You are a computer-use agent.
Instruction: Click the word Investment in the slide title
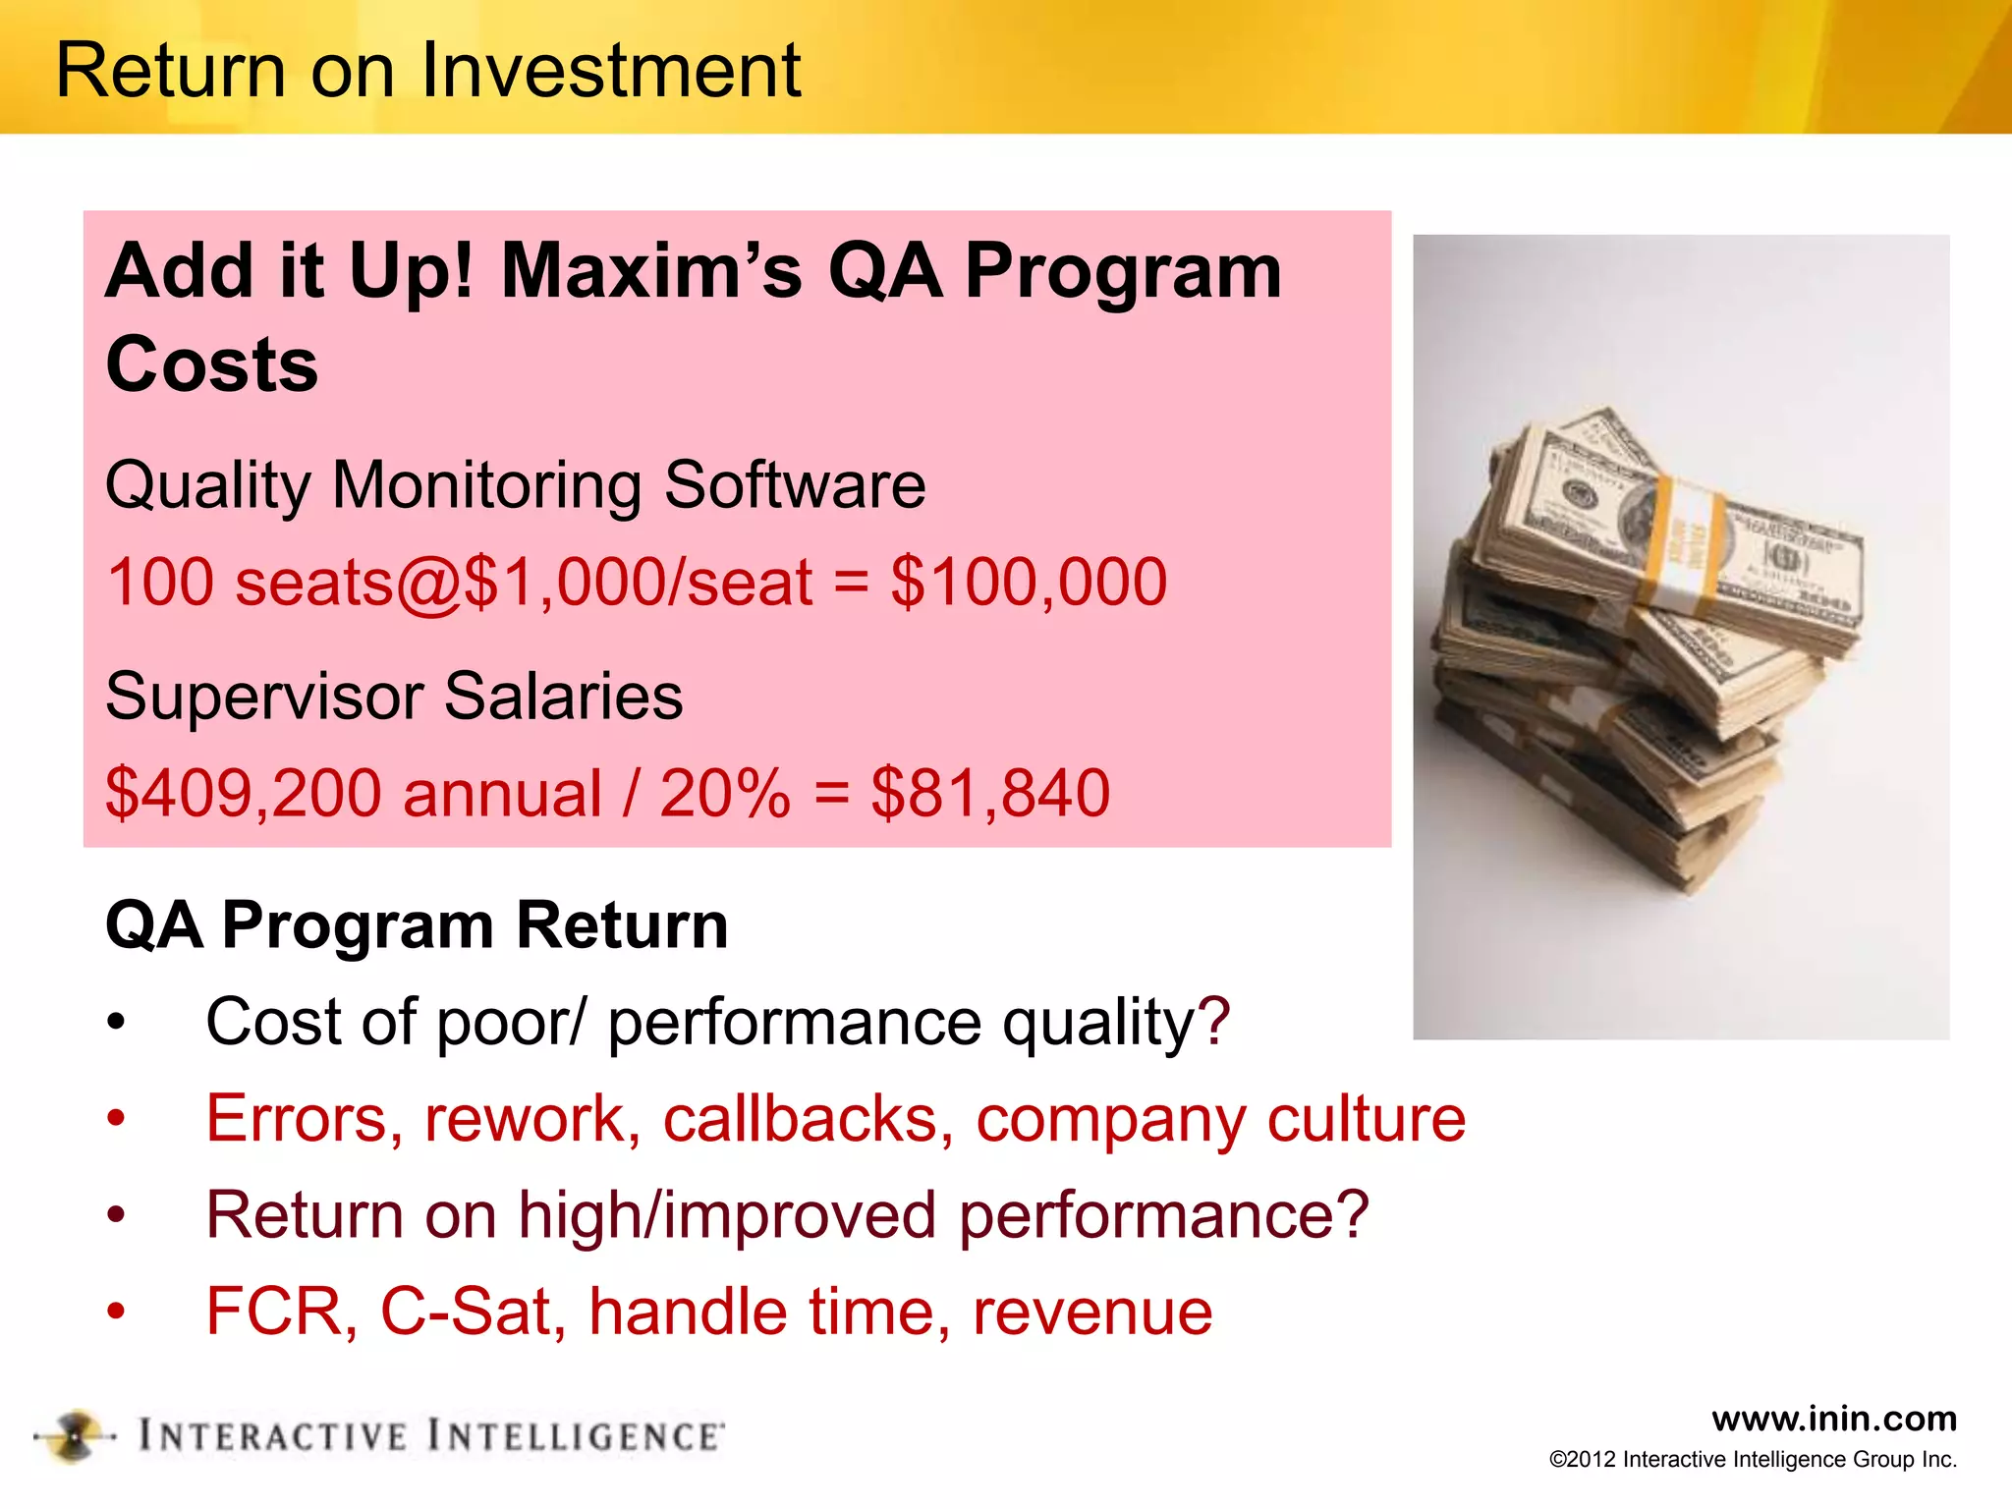(x=611, y=71)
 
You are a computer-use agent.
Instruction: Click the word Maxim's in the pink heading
(x=651, y=271)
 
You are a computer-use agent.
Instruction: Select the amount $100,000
(x=1029, y=582)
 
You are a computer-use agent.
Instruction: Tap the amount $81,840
(x=990, y=794)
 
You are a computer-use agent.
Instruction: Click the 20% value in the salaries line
(x=724, y=794)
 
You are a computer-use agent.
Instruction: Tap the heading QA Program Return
(x=417, y=925)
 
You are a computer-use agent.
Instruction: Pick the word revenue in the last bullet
(x=1092, y=1313)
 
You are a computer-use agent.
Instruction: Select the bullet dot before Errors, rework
(x=117, y=1119)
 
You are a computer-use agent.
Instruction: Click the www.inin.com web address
(x=1833, y=1419)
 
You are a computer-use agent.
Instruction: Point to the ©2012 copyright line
(x=1753, y=1460)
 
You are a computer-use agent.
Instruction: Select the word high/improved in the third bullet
(x=727, y=1216)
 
